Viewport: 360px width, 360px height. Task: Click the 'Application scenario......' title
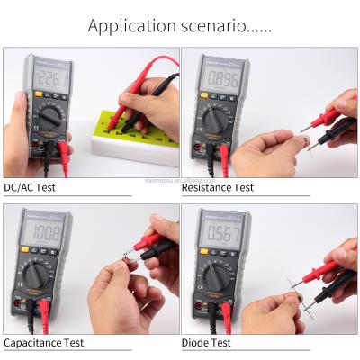click(179, 24)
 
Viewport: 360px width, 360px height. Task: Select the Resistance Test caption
click(218, 187)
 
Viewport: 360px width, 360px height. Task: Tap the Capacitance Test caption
click(44, 342)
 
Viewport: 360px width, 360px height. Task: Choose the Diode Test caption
click(206, 342)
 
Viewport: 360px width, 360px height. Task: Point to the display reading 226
click(51, 82)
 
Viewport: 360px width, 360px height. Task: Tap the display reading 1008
click(44, 235)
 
